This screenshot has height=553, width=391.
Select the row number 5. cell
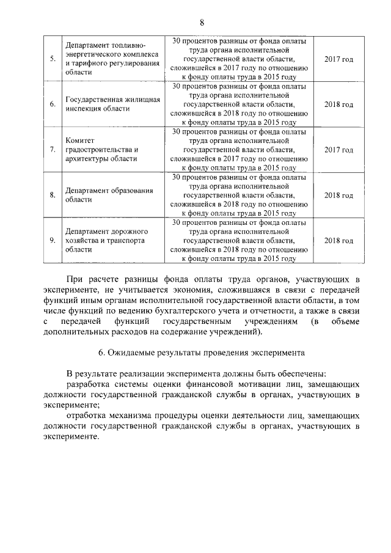[53, 59]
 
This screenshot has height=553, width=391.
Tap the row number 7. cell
[53, 150]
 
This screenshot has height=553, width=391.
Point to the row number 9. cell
[53, 241]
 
